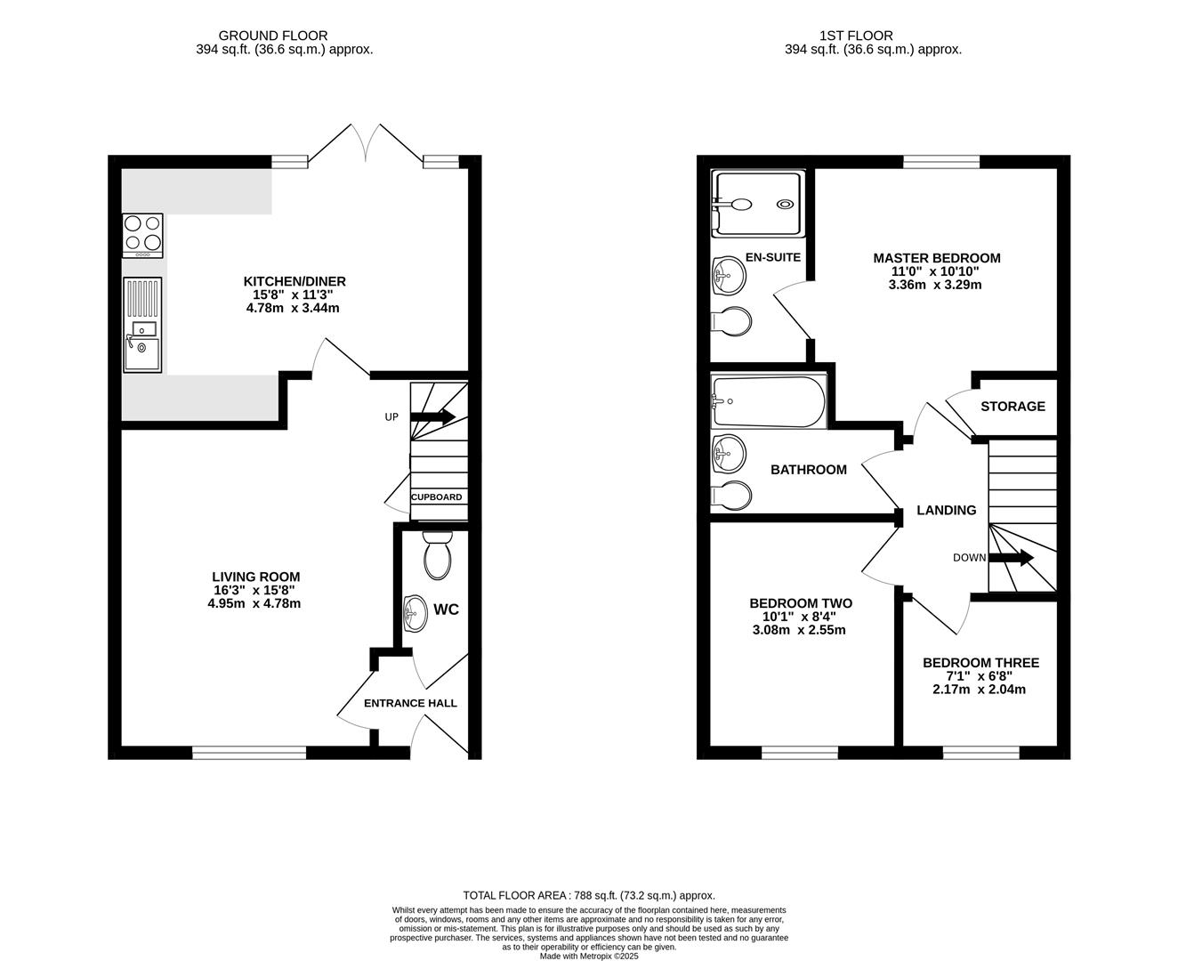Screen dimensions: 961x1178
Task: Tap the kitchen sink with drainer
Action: point(142,325)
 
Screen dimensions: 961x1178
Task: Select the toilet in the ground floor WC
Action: point(437,556)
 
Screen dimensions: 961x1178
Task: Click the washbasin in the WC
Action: point(415,612)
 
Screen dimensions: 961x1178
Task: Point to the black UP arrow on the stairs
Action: point(432,416)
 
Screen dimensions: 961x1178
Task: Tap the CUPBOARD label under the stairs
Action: point(436,497)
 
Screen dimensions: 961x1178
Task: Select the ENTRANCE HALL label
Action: point(410,703)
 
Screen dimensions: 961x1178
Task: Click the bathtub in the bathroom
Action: point(770,400)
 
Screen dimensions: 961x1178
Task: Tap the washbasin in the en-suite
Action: point(729,275)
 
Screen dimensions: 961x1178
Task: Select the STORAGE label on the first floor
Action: point(1013,406)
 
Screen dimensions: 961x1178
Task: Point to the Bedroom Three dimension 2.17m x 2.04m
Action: point(979,689)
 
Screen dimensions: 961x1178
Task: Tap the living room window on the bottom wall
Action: point(249,753)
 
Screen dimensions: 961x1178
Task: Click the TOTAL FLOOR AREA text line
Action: point(588,895)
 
